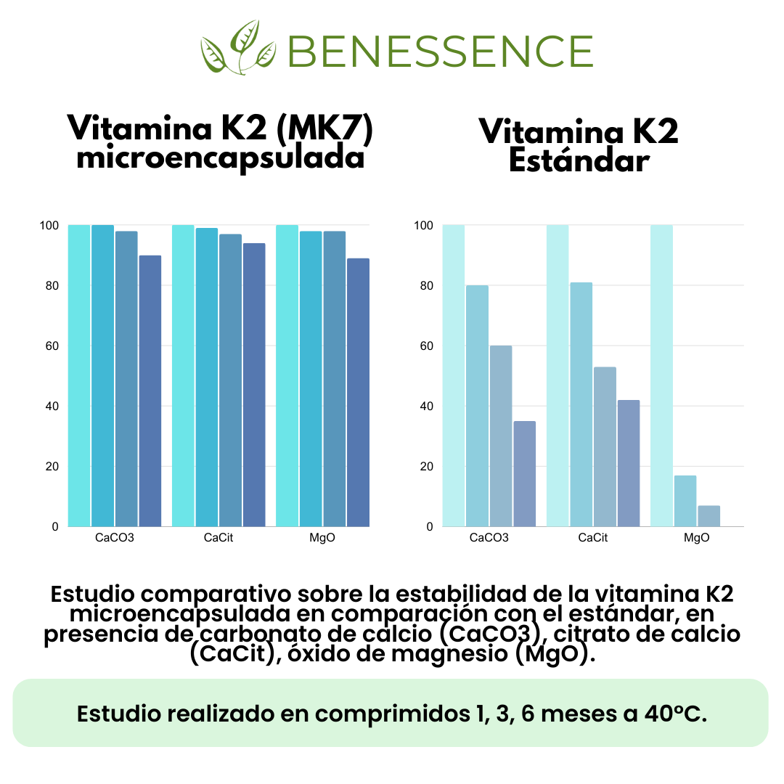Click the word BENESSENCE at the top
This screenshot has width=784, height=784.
(440, 50)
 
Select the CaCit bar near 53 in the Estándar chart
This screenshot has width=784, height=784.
(605, 446)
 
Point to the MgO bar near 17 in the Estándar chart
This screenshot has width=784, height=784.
(685, 501)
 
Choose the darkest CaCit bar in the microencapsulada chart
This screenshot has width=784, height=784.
(254, 385)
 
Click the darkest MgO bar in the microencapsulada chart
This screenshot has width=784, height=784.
(358, 392)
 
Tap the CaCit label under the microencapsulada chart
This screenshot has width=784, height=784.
(219, 539)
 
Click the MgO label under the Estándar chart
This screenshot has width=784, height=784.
(697, 539)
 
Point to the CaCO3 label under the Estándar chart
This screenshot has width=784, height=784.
(489, 539)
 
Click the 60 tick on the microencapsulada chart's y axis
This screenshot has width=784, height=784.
(52, 346)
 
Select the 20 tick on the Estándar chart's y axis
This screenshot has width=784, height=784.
(426, 466)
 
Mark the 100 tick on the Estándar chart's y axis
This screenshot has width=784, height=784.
(423, 225)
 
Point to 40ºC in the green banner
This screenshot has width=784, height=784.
(675, 714)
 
